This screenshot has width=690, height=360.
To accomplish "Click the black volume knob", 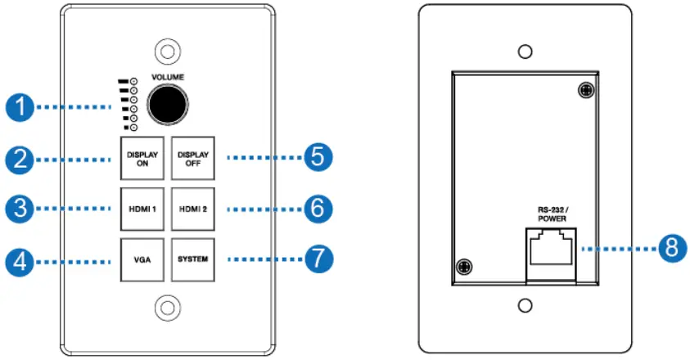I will (168, 105).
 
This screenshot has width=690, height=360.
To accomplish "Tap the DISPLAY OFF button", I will (193, 157).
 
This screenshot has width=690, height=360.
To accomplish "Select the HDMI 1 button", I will (142, 209).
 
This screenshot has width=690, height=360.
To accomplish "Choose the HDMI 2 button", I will (193, 209).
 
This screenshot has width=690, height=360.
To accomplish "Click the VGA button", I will (142, 259).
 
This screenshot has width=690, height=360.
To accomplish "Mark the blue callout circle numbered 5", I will (317, 157).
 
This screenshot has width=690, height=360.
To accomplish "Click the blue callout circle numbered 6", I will (317, 209).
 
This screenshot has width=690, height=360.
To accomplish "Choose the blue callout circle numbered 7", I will (317, 260).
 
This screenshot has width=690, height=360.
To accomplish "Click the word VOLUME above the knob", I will (168, 76).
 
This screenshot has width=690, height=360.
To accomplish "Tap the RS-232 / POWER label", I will (552, 213).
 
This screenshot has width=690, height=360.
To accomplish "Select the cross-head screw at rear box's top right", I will (585, 91).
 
